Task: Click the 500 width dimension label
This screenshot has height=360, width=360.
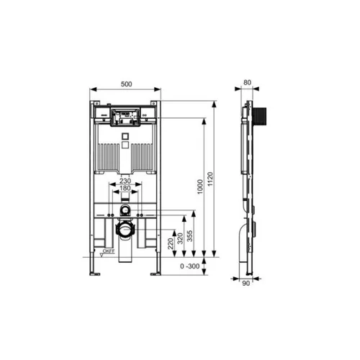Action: pyautogui.click(x=126, y=84)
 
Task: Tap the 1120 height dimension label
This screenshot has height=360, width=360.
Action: pyautogui.click(x=210, y=179)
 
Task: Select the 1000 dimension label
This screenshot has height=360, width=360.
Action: pyautogui.click(x=200, y=186)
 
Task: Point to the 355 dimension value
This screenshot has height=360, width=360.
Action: pyautogui.click(x=189, y=236)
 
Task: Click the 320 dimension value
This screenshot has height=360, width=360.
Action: pyautogui.click(x=180, y=238)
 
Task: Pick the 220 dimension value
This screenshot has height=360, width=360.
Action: pyautogui.click(x=171, y=243)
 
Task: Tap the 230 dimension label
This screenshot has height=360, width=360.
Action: pyautogui.click(x=125, y=181)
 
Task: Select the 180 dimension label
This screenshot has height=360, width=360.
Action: pyautogui.click(x=125, y=188)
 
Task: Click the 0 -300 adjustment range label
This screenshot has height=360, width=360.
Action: pyautogui.click(x=190, y=266)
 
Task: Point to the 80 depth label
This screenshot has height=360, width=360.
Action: pyautogui.click(x=247, y=83)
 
